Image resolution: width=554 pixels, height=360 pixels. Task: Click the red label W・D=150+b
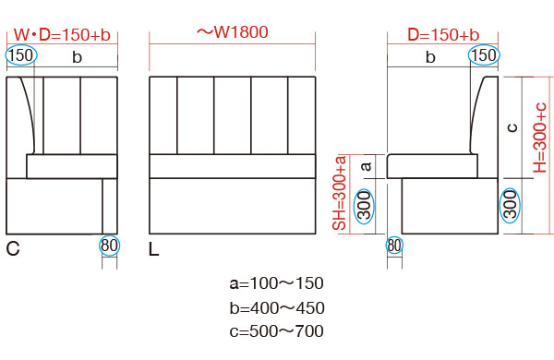[62, 35]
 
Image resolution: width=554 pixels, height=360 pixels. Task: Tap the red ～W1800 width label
[232, 32]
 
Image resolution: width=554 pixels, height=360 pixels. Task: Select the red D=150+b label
[443, 35]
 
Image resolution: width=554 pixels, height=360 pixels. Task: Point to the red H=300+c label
[540, 138]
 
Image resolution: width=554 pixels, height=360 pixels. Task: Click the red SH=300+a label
[340, 193]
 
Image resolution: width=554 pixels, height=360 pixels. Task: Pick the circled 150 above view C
[21, 55]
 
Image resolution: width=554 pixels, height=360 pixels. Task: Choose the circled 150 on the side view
[484, 55]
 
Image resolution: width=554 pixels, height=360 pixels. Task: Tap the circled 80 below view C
[110, 246]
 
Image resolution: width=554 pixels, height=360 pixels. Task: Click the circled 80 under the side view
[394, 246]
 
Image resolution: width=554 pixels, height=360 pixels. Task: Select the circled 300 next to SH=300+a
[364, 205]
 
